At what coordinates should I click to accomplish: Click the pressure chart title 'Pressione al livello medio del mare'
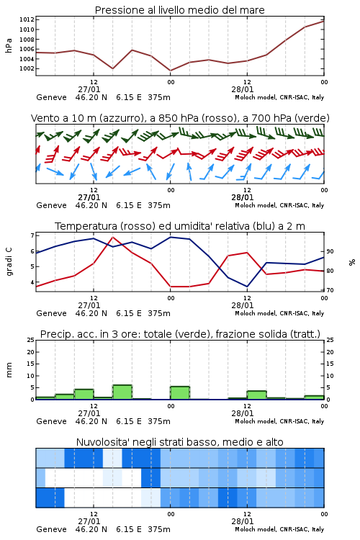tap(179, 10)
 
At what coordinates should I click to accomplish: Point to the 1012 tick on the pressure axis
tap(27, 19)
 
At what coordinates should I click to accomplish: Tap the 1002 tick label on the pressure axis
tap(27, 68)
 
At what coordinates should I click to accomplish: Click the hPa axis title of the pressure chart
tap(9, 45)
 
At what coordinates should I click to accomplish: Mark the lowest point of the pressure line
tap(171, 71)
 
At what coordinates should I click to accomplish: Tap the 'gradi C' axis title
tap(9, 262)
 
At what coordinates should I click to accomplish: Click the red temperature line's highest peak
tap(113, 237)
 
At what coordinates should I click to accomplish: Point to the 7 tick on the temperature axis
tap(32, 235)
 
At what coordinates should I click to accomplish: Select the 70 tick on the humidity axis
tap(330, 290)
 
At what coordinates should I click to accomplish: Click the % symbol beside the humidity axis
tap(352, 262)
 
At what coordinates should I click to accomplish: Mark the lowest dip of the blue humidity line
tap(247, 287)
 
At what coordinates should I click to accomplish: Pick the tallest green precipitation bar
tap(122, 392)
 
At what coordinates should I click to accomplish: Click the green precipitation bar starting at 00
tap(180, 393)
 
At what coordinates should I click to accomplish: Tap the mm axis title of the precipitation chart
tap(9, 369)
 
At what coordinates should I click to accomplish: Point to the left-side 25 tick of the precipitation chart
tap(31, 340)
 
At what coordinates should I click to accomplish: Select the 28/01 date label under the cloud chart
tap(243, 521)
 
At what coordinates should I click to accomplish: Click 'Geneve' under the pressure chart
tap(51, 97)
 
